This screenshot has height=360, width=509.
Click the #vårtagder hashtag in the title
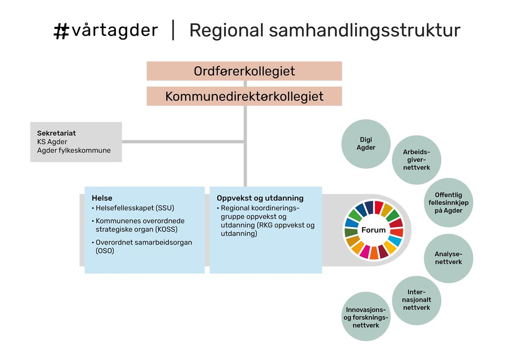[x=106, y=31]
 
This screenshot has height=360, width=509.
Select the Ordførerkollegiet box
[x=244, y=71]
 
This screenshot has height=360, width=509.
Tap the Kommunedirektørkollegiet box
[x=244, y=96]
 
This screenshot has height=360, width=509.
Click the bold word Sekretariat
[x=56, y=133]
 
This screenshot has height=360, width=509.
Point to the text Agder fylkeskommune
[x=74, y=150]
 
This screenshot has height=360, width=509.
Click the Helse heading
[x=102, y=198]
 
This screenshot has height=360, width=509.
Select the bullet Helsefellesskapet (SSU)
[x=133, y=208]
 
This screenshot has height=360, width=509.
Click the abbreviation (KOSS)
[x=166, y=229]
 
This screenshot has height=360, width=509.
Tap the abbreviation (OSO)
[x=105, y=251]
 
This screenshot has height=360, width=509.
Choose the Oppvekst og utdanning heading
[x=260, y=198]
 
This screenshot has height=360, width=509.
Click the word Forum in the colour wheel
[x=374, y=230]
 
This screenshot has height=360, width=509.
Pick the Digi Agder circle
[x=366, y=144]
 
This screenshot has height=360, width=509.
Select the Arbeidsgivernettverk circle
[x=417, y=160]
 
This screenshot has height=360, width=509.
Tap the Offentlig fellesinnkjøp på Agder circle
[x=448, y=202]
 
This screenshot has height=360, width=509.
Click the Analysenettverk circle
[x=448, y=259]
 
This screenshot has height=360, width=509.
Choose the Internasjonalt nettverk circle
[x=417, y=301]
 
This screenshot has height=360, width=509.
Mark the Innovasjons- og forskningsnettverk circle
[x=366, y=316]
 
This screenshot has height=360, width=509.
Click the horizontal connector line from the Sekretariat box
[x=183, y=142]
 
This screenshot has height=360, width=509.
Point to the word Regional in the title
[x=227, y=31]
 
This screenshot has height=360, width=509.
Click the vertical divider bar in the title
[x=173, y=30]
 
